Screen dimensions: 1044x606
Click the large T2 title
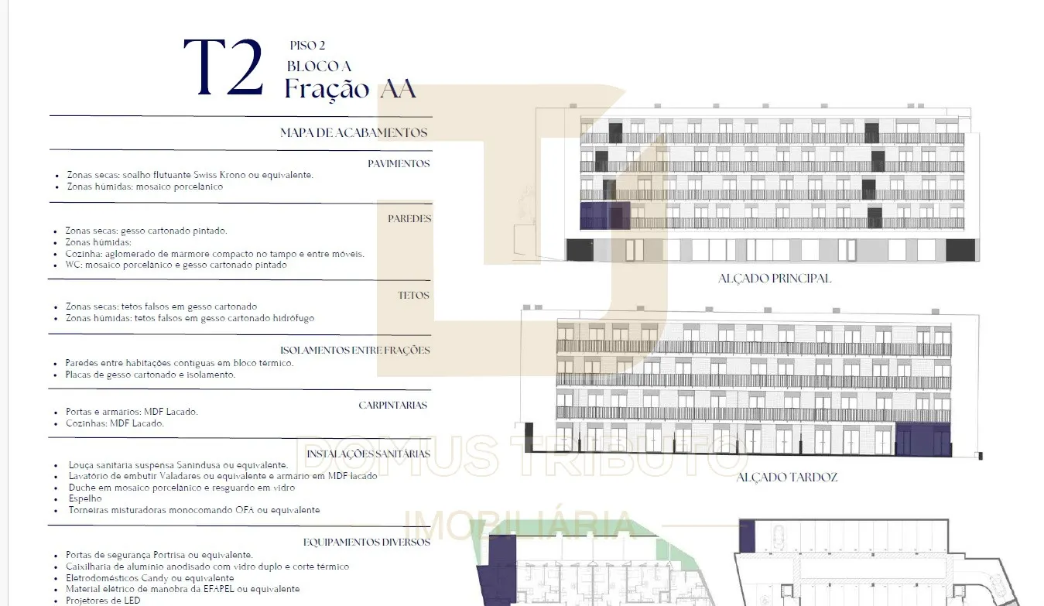[x=224, y=67]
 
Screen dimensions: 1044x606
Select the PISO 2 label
[x=307, y=46]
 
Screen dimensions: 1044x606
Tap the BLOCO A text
[x=319, y=67]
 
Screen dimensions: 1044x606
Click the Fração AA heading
[x=350, y=88]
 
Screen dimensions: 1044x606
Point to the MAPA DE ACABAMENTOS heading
[x=354, y=133]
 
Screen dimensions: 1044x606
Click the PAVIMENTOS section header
[x=399, y=163]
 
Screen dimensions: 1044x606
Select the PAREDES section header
[x=409, y=218]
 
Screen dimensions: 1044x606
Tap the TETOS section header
[x=413, y=295]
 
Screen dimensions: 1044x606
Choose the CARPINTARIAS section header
[x=393, y=405]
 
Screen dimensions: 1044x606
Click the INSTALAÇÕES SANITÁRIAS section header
[x=368, y=454]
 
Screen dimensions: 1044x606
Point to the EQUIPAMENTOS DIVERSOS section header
[x=367, y=542]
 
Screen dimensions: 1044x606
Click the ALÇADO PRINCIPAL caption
[x=775, y=279]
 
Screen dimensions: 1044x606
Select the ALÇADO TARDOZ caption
[x=787, y=477]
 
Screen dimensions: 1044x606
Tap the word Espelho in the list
[x=85, y=498]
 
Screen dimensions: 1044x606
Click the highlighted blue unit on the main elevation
[x=605, y=216]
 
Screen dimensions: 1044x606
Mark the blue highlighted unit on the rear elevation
[x=922, y=439]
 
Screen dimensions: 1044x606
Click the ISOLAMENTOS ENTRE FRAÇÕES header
[x=355, y=350]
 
